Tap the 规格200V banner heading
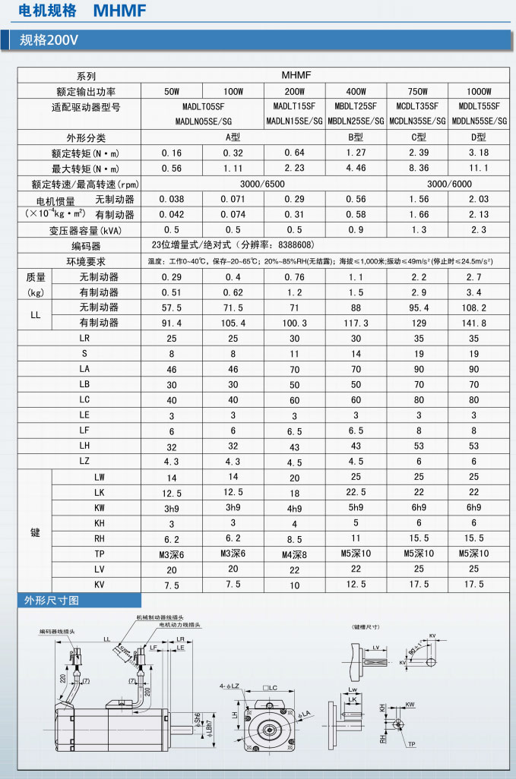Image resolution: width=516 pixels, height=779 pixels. tap(49, 40)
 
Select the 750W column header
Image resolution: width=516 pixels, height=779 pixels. tap(417, 91)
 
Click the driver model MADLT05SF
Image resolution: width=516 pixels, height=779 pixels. tap(204, 106)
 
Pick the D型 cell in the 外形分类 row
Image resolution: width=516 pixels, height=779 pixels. tap(478, 137)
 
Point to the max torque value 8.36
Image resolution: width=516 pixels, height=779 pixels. tap(417, 168)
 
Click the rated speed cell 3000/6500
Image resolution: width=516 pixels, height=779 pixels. tap(233, 183)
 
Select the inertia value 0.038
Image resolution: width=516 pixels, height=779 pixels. tap(172, 199)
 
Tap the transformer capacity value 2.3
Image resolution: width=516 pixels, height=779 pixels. tap(478, 229)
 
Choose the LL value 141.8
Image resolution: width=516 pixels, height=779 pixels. tap(478, 323)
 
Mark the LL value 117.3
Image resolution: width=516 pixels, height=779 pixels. tap(356, 323)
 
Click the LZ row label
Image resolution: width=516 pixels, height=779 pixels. tap(84, 461)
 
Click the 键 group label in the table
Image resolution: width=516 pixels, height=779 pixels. tap(35, 532)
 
